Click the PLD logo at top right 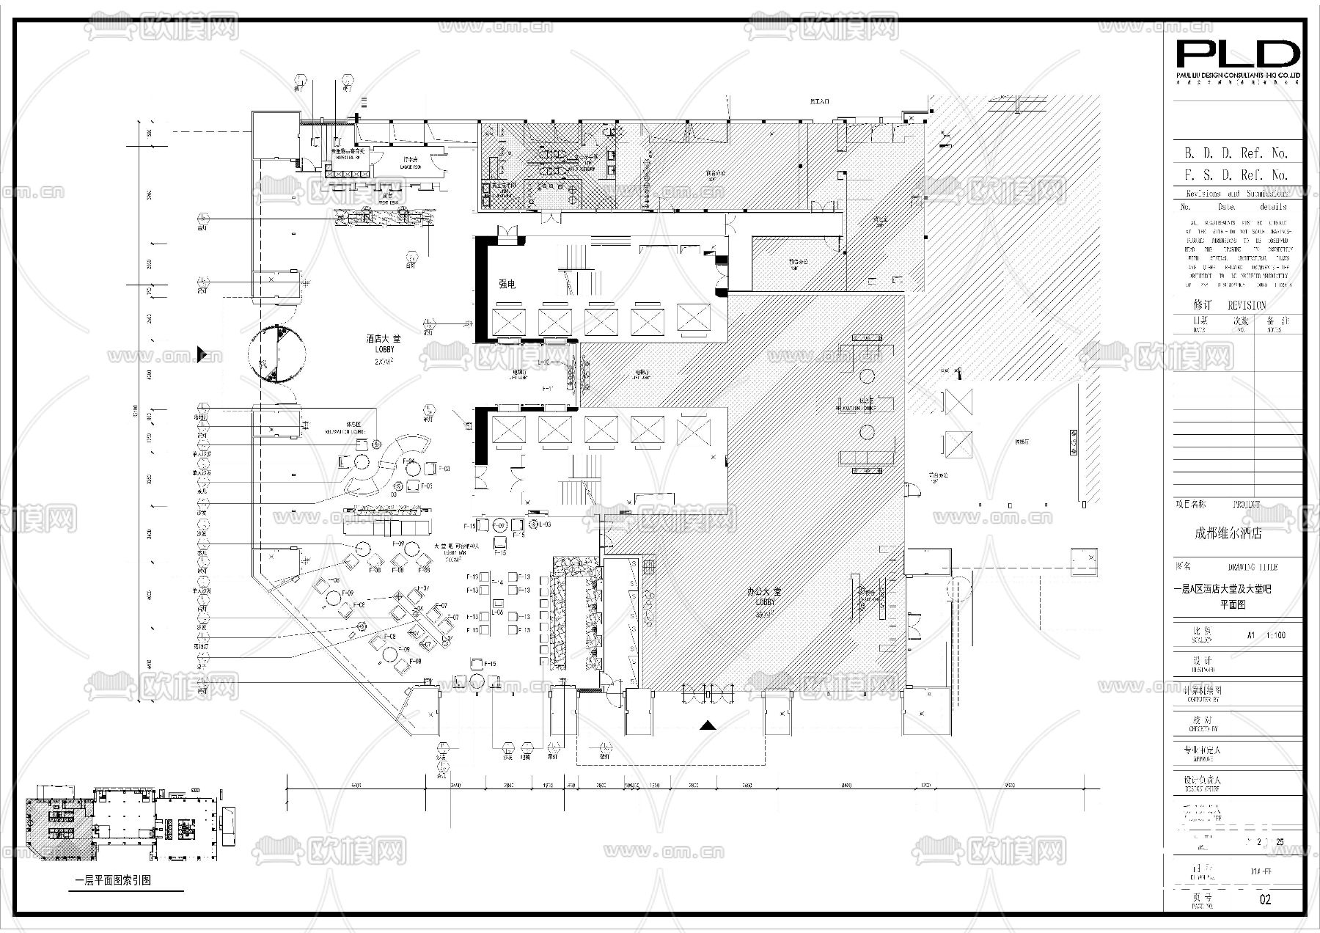pyautogui.click(x=1238, y=56)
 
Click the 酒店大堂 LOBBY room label pyautogui.click(x=384, y=344)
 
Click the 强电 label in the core pyautogui.click(x=507, y=284)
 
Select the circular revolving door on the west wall pyautogui.click(x=276, y=354)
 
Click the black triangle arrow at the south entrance pyautogui.click(x=707, y=725)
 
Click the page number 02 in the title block pyautogui.click(x=1264, y=899)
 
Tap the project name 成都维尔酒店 pyautogui.click(x=1228, y=533)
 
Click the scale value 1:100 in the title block pyautogui.click(x=1276, y=635)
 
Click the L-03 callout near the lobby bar pyautogui.click(x=544, y=524)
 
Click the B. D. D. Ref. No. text pyautogui.click(x=1236, y=153)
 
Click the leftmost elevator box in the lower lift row pyautogui.click(x=508, y=430)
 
